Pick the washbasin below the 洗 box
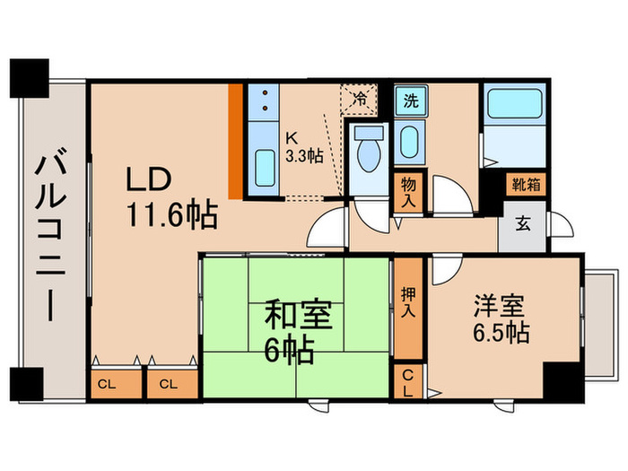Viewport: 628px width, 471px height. pos(409,142)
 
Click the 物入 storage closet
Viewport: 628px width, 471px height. pos(408,191)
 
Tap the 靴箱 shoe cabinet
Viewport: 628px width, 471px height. pos(525,186)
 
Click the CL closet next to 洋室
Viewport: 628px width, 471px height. pos(408,383)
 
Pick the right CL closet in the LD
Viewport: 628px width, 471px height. pos(167,384)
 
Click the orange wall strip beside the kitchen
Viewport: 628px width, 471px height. pos(235,141)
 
